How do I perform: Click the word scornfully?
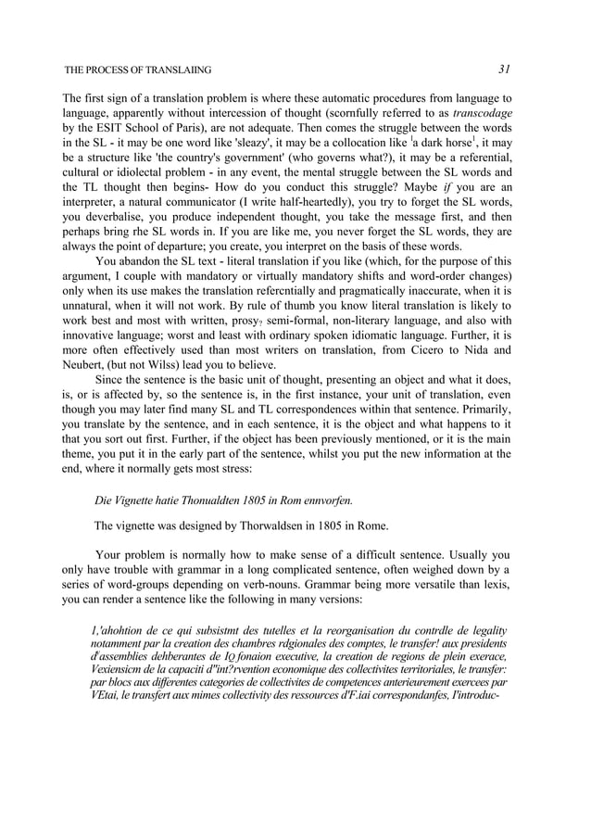340,113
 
